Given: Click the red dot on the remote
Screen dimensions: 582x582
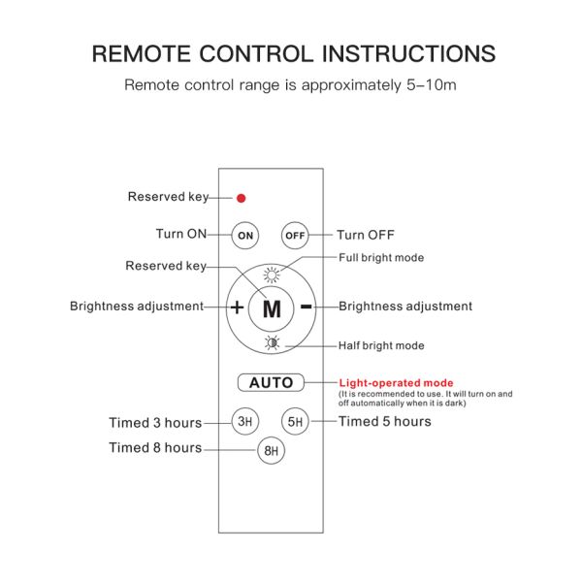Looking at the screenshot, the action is [x=241, y=198].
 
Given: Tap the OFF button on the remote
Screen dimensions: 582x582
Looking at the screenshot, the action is [x=295, y=236].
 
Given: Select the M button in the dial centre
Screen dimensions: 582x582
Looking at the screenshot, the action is [x=272, y=308].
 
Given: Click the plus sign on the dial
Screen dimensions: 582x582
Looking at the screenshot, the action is [x=237, y=307].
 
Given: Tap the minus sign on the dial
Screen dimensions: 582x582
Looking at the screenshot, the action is [x=307, y=307].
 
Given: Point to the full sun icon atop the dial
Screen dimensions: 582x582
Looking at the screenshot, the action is [x=272, y=275].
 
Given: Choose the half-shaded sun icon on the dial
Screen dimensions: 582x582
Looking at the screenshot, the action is [x=272, y=342].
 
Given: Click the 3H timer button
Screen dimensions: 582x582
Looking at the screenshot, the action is [x=245, y=421].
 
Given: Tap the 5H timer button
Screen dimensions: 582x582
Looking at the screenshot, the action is [x=295, y=421].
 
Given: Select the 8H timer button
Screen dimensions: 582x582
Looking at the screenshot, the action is [x=271, y=451].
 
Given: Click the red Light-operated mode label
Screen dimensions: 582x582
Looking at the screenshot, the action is [x=396, y=383].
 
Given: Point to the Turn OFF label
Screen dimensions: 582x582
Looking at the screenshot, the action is [x=366, y=235].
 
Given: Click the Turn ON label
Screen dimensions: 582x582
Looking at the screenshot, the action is [x=181, y=234].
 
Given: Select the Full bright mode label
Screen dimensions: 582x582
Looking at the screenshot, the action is [x=381, y=258].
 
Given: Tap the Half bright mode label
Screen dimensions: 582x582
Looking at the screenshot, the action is [x=381, y=345].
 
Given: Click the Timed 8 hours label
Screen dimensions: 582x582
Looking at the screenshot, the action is [x=155, y=447].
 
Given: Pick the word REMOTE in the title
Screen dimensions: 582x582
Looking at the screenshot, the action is [x=142, y=53].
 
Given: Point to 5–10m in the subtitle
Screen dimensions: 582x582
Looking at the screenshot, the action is [x=432, y=85].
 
